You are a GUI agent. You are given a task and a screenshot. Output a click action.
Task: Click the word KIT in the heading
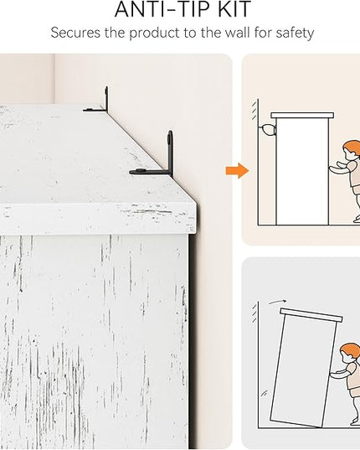coord(234,9)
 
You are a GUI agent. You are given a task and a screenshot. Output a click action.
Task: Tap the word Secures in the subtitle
coord(75,33)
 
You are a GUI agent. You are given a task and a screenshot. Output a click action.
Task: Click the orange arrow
coord(237,170)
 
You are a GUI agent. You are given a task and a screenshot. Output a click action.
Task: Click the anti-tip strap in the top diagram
coord(268,130)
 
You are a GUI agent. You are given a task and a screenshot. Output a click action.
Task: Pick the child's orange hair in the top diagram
coord(352,147)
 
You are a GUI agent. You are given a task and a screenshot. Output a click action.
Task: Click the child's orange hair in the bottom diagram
coord(350,349)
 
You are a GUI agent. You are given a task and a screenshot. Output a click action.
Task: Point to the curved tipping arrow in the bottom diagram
coord(277,302)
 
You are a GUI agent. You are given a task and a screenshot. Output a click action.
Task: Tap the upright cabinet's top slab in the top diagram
coord(302,116)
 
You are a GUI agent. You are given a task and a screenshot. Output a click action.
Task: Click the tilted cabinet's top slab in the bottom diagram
coord(311,315)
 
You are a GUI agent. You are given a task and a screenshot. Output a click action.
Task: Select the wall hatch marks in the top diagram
coord(255,110)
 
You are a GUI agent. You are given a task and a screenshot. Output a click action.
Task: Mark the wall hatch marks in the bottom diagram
coord(255,313)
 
